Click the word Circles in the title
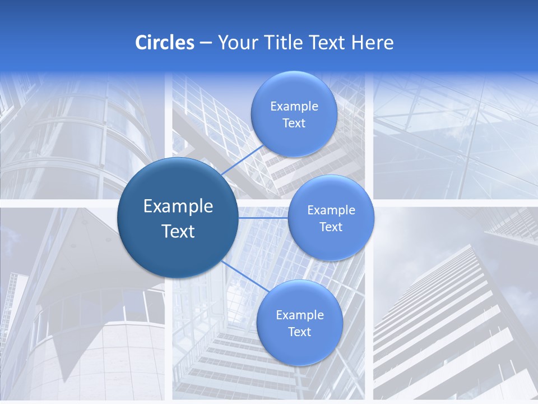pyautogui.click(x=165, y=43)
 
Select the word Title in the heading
pyautogui.click(x=285, y=43)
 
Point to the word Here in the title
pyautogui.click(x=373, y=43)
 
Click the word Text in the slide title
pyautogui.click(x=328, y=43)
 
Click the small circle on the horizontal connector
pyautogui.click(x=331, y=218)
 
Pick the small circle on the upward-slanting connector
pyautogui.click(x=294, y=114)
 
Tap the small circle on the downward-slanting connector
pyautogui.click(x=299, y=323)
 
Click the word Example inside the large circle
pyautogui.click(x=178, y=206)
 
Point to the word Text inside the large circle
pyautogui.click(x=178, y=231)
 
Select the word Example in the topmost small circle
pyautogui.click(x=294, y=106)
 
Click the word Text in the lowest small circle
pyautogui.click(x=299, y=332)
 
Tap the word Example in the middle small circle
pyautogui.click(x=331, y=210)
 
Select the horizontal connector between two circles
pyautogui.click(x=263, y=217)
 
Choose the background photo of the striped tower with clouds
pyautogui.click(x=454, y=309)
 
